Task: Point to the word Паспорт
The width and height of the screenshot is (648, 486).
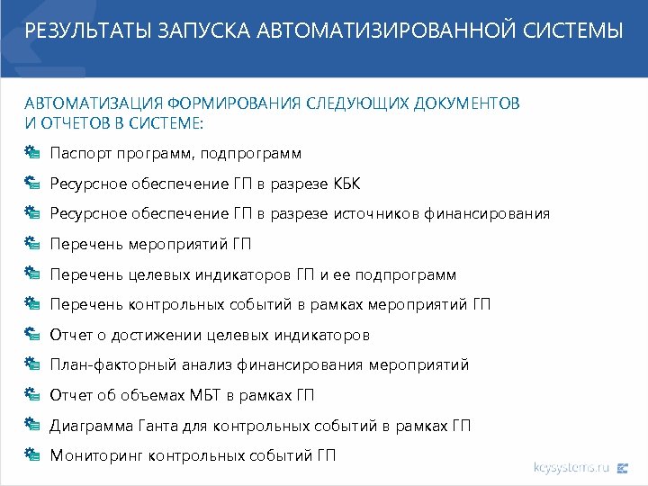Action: point(77,154)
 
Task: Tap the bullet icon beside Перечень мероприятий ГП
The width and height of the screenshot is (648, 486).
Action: point(32,244)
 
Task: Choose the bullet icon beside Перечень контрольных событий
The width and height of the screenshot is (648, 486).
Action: point(32,304)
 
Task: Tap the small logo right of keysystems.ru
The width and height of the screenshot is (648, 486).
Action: point(624,467)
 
